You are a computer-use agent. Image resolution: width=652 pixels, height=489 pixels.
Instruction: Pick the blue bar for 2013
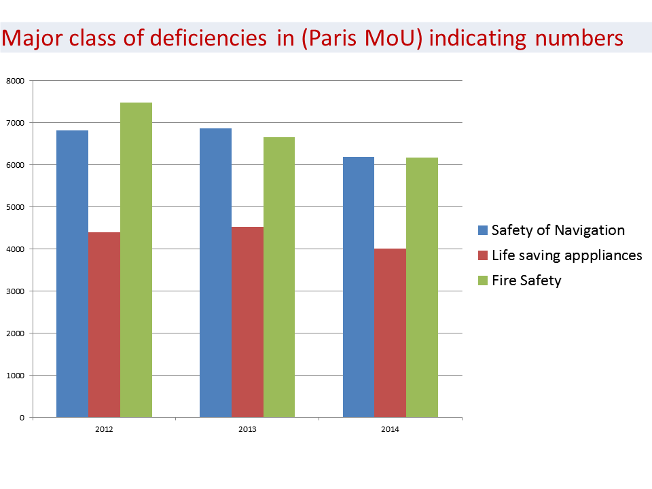coord(215,272)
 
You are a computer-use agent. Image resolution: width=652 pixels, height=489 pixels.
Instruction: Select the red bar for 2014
coord(390,333)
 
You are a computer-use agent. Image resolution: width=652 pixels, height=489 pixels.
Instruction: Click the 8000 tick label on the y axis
coord(15,81)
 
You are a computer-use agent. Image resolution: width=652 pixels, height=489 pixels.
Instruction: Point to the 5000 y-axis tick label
coord(15,207)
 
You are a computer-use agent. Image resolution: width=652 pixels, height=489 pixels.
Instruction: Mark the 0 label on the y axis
coord(21,418)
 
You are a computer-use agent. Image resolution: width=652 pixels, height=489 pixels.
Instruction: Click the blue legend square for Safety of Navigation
coord(483,230)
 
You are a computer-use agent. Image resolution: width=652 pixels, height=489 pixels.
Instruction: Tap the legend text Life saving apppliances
coord(566,255)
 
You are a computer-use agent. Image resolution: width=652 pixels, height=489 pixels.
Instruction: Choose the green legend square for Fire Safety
coord(483,280)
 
